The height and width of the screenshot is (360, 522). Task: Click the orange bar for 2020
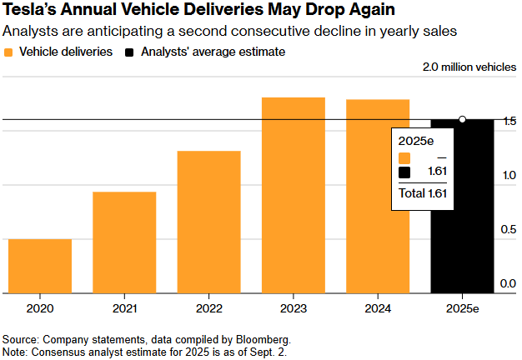pyautogui.click(x=40, y=266)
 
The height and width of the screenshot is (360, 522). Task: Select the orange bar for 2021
pyautogui.click(x=124, y=242)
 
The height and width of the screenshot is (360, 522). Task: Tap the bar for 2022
pyautogui.click(x=208, y=222)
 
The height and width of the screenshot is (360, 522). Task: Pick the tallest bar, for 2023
pyautogui.click(x=293, y=195)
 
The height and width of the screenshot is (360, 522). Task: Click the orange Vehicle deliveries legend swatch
pyautogui.click(x=9, y=52)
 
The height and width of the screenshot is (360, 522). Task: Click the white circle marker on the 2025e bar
pyautogui.click(x=463, y=119)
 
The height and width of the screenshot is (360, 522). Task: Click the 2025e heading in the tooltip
pyautogui.click(x=413, y=139)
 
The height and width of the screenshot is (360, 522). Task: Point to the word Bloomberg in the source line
pyautogui.click(x=264, y=339)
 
